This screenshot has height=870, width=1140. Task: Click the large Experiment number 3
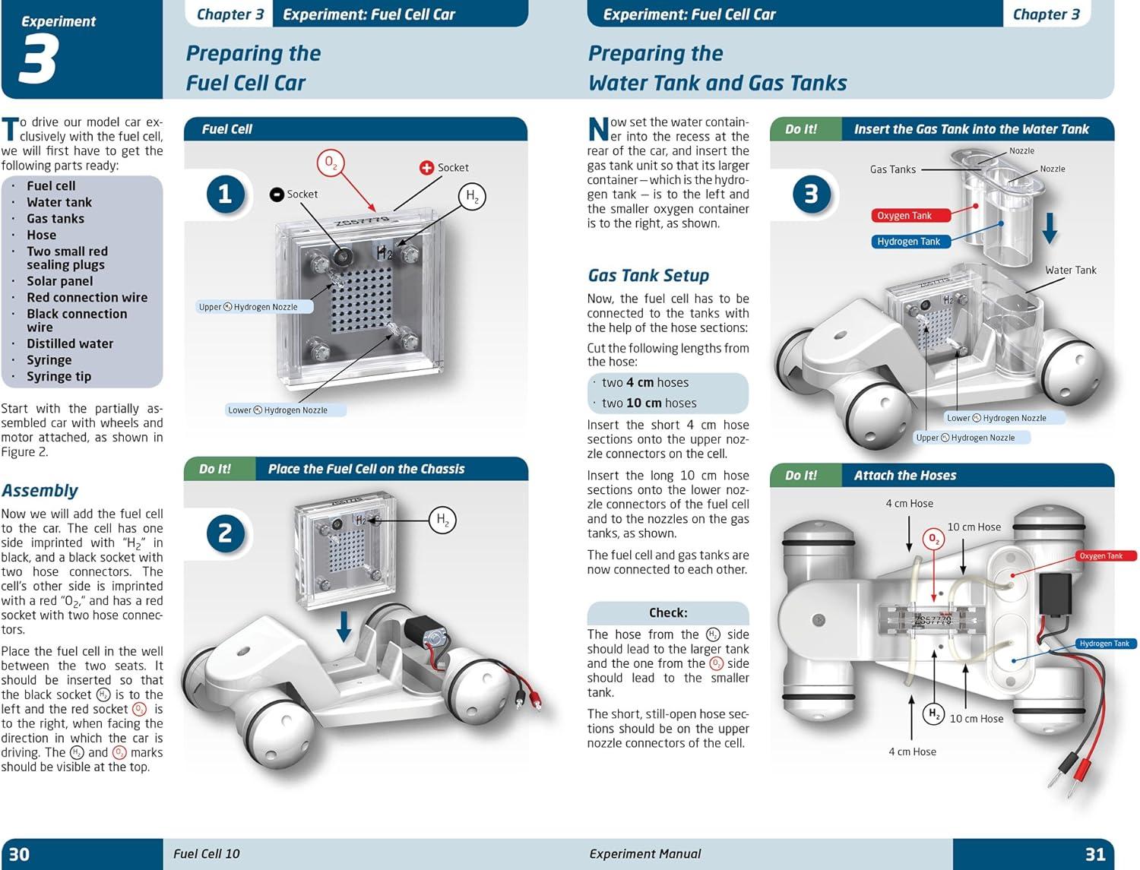(x=37, y=62)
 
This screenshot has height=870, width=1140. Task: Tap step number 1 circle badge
(x=225, y=194)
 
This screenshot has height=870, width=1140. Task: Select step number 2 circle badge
(x=225, y=533)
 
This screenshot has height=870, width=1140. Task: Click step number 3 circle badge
(x=811, y=194)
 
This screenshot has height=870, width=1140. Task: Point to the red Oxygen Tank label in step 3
(x=904, y=216)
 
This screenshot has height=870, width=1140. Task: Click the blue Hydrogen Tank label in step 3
(x=908, y=242)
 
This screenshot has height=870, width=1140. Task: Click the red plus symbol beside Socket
(x=426, y=167)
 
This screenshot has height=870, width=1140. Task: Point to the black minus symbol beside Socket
(x=277, y=195)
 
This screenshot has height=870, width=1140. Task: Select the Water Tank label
(x=1070, y=270)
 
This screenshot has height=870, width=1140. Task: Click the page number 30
(x=19, y=854)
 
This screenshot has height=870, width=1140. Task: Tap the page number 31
(x=1094, y=854)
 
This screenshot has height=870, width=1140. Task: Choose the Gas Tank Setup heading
(x=648, y=275)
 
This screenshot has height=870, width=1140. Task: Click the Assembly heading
(x=40, y=490)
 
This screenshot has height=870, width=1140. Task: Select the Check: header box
(x=667, y=612)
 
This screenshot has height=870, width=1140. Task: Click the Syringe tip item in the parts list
(x=59, y=376)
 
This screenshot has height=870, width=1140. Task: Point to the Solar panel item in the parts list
(x=59, y=281)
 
